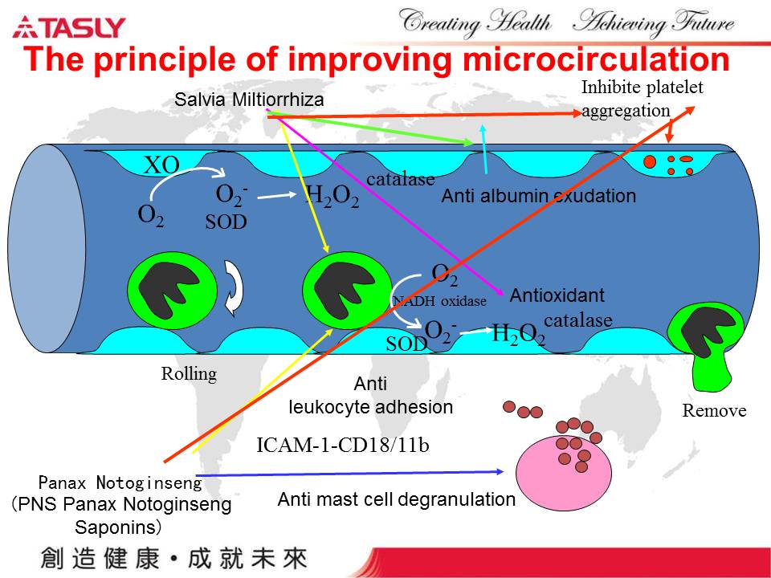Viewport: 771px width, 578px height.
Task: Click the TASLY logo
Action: pos(69,27)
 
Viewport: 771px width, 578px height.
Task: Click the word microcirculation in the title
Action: pos(596,59)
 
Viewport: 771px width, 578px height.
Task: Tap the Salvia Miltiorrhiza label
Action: pos(249,100)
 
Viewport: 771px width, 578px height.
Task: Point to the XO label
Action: pos(161,165)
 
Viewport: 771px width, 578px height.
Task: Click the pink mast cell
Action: pos(564,472)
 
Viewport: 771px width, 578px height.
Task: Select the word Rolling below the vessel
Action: pos(189,375)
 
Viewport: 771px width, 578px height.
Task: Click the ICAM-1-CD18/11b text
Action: pos(343,445)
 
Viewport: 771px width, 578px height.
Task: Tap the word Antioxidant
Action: pos(557,295)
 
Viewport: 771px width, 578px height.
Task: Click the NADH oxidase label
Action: pos(439,301)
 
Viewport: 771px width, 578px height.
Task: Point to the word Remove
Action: pos(714,410)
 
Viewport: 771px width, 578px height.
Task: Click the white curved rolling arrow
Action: pos(235,287)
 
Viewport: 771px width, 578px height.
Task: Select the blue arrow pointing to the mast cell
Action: pos(349,474)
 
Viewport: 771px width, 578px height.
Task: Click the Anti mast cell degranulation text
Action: pos(396,499)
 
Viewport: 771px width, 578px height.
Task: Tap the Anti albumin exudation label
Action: pos(538,196)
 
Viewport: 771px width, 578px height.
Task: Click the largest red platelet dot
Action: pos(650,161)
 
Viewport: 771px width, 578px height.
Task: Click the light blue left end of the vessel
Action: pos(47,249)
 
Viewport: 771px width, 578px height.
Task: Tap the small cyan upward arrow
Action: pos(484,149)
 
